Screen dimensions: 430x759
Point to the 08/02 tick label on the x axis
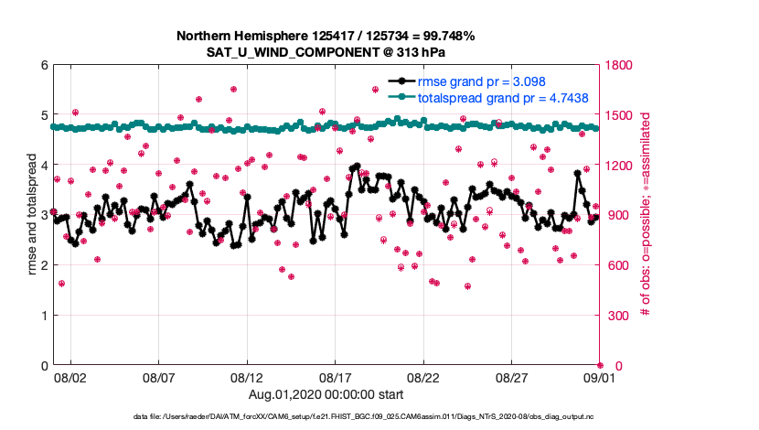click(x=70, y=377)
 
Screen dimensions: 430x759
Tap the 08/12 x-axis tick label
click(x=247, y=377)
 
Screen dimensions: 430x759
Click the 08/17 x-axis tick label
click(x=336, y=377)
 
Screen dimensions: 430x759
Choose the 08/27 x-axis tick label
click(x=512, y=377)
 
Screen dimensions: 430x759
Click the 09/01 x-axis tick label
click(x=600, y=377)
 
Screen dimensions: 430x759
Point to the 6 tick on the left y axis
click(x=44, y=65)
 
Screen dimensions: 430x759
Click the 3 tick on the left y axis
click(x=44, y=215)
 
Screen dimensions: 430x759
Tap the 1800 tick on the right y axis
click(x=620, y=65)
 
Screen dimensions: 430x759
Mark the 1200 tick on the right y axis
click(x=620, y=166)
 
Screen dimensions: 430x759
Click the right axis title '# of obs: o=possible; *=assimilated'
click(x=647, y=215)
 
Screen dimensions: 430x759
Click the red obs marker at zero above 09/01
click(x=600, y=365)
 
